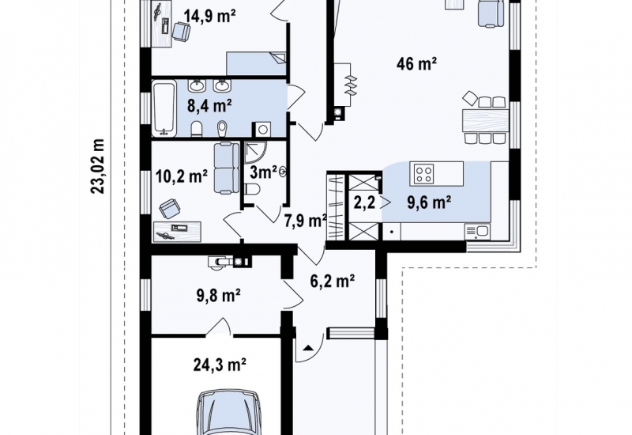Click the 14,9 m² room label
tap(209, 17)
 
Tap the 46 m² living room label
tap(417, 63)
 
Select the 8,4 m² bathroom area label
tap(209, 106)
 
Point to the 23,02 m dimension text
tap(98, 166)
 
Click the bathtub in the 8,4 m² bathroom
tap(164, 107)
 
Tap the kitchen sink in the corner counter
tap(477, 232)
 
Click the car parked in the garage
tap(228, 412)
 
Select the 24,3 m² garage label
tap(220, 365)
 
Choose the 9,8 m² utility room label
tap(219, 296)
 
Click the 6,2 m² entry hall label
tap(333, 281)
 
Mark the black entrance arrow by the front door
tap(308, 347)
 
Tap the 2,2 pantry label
tap(364, 202)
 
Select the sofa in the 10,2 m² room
tap(226, 168)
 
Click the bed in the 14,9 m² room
tap(256, 63)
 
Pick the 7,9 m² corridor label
tap(306, 221)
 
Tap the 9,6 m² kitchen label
tap(429, 202)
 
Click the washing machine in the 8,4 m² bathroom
tap(262, 130)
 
